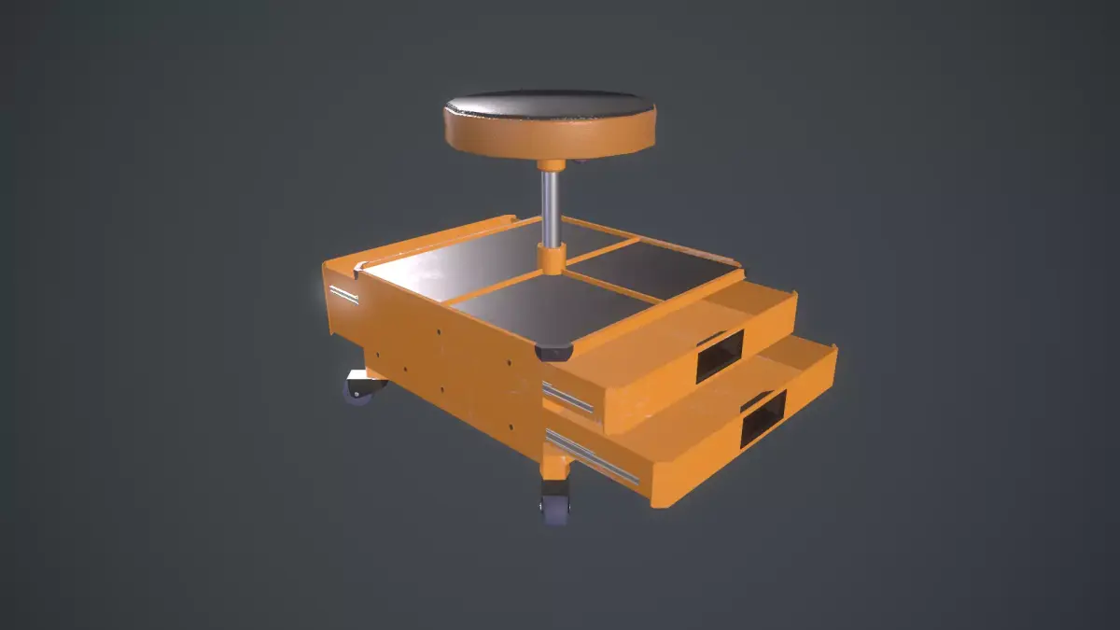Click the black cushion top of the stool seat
tap(549, 104)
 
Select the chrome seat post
tap(551, 205)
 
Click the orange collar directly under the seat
tap(552, 165)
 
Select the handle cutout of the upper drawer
tap(719, 354)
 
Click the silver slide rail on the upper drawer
tap(568, 398)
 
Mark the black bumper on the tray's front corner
tap(553, 353)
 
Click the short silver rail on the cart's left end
tap(343, 294)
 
